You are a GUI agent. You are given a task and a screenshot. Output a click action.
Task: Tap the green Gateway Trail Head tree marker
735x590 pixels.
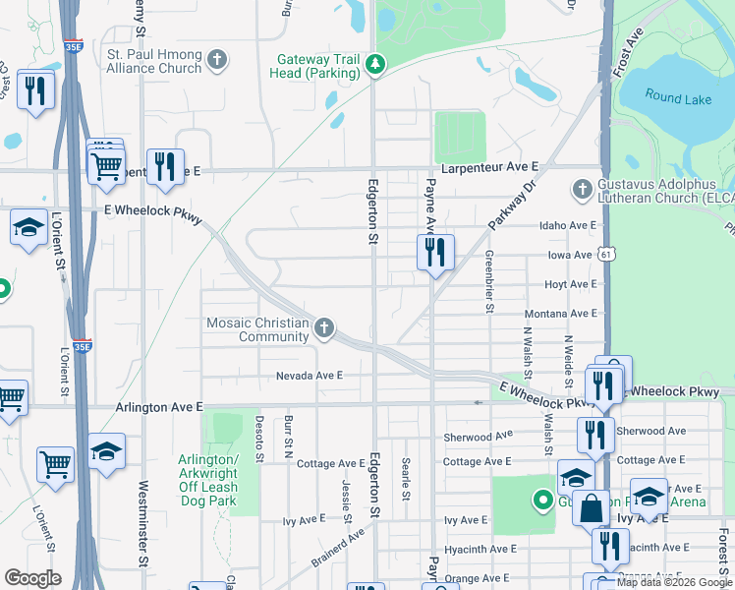[x=374, y=65]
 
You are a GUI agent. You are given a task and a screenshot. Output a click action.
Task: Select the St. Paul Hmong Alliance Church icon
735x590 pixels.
[x=218, y=61]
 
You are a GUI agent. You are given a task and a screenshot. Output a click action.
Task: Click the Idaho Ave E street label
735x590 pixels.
[x=568, y=225]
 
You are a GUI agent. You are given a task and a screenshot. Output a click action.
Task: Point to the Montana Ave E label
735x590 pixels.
[x=560, y=313]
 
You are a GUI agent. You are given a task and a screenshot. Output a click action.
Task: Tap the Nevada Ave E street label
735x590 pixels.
[x=309, y=376]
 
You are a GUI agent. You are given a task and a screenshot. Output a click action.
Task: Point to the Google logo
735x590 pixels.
[x=33, y=578]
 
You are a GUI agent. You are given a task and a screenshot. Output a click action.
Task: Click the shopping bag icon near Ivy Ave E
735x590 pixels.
[x=593, y=509]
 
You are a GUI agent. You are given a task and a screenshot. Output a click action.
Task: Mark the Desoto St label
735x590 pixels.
[x=260, y=439]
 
